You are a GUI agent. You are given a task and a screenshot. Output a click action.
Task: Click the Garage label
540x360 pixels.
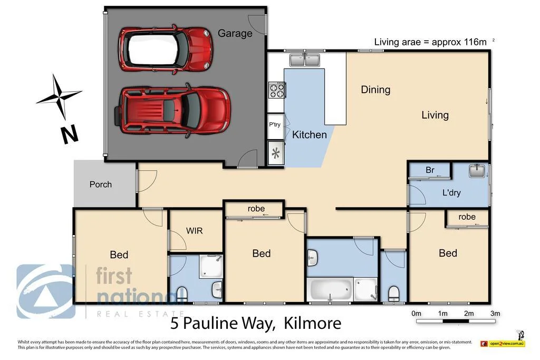[235, 33]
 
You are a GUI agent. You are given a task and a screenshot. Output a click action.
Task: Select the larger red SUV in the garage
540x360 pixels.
[173, 111]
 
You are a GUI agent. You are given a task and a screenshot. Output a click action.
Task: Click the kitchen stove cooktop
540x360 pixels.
[276, 91]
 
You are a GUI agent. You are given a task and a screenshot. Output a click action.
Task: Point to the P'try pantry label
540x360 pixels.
[275, 125]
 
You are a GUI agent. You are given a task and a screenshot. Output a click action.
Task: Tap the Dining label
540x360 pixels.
[375, 90]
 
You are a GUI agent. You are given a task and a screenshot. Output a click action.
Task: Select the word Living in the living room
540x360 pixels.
[435, 115]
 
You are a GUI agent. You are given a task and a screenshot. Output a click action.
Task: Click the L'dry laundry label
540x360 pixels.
[451, 192]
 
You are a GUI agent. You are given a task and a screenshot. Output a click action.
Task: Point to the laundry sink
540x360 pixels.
[477, 171]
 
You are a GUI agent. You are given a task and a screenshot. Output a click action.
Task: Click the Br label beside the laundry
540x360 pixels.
[430, 170]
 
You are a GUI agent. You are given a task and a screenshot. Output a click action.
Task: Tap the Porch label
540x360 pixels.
[100, 184]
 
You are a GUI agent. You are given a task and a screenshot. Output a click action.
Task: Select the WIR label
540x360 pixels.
[194, 231]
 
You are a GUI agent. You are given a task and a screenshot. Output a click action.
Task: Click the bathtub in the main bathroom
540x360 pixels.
[330, 289]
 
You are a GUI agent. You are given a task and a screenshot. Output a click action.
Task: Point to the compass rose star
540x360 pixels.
[59, 96]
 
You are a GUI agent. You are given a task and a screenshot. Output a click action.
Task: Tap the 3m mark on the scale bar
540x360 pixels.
[495, 314]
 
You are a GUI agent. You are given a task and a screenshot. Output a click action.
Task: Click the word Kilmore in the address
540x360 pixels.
[312, 323]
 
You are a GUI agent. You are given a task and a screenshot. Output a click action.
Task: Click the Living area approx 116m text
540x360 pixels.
[430, 42]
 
